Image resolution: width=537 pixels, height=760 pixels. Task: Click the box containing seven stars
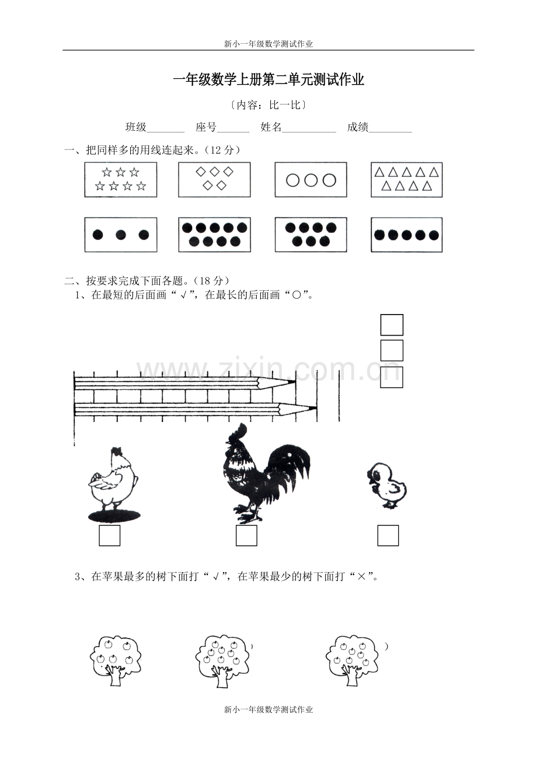(120, 179)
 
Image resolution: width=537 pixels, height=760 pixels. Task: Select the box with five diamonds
(214, 179)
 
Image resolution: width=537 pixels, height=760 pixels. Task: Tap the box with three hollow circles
(311, 179)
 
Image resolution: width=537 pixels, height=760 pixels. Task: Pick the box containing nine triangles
(406, 180)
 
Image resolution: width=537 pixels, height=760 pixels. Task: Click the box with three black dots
(120, 235)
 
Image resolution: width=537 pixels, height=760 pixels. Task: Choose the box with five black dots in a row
(406, 235)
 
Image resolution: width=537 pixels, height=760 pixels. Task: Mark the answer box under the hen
(109, 536)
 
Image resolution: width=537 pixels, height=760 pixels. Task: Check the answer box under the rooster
(246, 536)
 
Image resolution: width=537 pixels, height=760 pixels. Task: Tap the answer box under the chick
(388, 536)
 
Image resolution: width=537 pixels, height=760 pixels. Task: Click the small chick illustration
(387, 486)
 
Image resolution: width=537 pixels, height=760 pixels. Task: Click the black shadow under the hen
(114, 516)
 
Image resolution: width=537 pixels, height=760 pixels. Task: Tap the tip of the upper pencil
(295, 382)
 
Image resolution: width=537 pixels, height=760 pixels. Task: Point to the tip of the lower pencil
(316, 408)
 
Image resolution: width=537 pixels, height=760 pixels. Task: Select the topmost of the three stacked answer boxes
(392, 325)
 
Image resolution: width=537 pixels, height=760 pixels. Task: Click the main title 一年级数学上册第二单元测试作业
(268, 80)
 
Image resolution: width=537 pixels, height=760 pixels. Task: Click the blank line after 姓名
(309, 132)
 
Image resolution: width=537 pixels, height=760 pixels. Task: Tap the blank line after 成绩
(390, 132)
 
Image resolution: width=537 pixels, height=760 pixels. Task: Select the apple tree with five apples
(116, 661)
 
